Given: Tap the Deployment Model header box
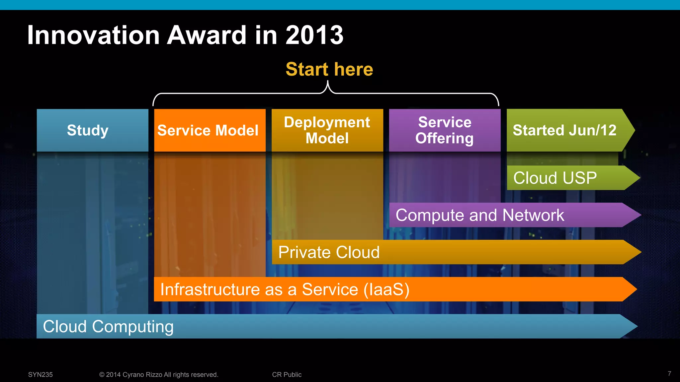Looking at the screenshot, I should coord(327,130).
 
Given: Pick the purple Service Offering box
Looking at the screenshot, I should coord(445,130).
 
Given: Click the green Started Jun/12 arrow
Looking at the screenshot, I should coord(564,130).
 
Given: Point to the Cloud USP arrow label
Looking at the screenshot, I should coord(555,178).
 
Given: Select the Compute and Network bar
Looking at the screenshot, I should coord(480,215).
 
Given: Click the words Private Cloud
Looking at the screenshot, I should coord(329,252).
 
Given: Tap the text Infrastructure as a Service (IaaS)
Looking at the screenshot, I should coord(285,289).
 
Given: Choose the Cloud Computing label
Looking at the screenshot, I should coord(108,326).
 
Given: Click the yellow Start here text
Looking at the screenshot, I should coord(329,69).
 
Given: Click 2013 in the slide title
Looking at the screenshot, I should coord(314,35).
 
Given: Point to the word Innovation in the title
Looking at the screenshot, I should coord(93,35).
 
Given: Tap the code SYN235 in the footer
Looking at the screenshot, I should coord(40,374).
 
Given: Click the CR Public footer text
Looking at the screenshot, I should coord(287,374).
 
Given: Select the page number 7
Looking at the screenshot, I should coord(669,374).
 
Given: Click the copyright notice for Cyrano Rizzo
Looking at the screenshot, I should coord(159,374).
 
